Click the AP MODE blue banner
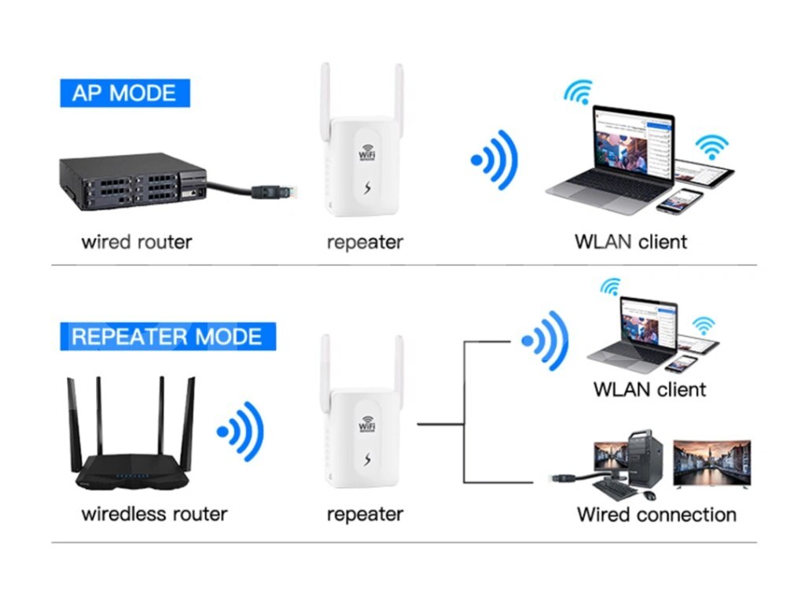click(124, 93)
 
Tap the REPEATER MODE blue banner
click(167, 336)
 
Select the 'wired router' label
click(136, 241)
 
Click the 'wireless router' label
click(154, 514)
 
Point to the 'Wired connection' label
click(656, 515)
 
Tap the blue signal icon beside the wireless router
click(241, 431)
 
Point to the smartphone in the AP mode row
click(679, 200)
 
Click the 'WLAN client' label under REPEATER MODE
click(649, 389)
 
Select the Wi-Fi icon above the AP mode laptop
click(578, 93)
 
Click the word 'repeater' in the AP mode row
click(364, 241)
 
